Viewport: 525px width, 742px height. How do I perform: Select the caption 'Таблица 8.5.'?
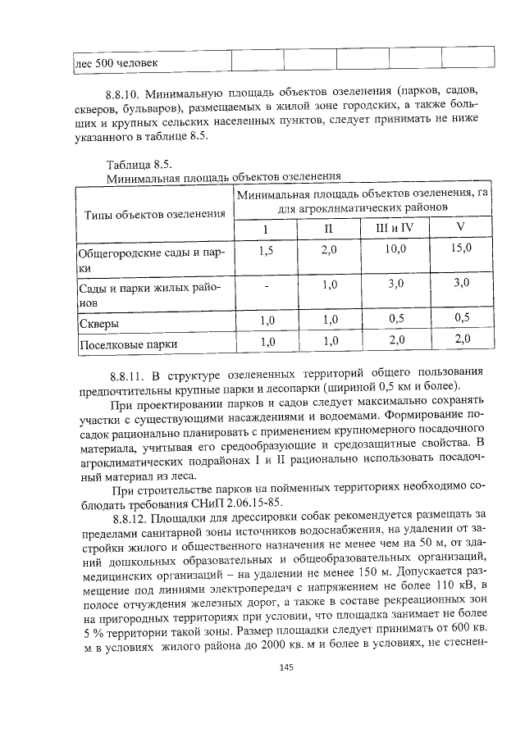coord(138,164)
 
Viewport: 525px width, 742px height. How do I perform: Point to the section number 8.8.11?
coord(126,372)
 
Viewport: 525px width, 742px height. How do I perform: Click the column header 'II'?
coord(329,228)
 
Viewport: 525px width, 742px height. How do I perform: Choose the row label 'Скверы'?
coord(98,321)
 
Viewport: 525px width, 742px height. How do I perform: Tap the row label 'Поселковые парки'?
coord(127,344)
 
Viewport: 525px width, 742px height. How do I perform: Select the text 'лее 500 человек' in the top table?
coord(116,62)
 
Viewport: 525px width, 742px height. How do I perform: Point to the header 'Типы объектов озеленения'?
coord(154,214)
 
